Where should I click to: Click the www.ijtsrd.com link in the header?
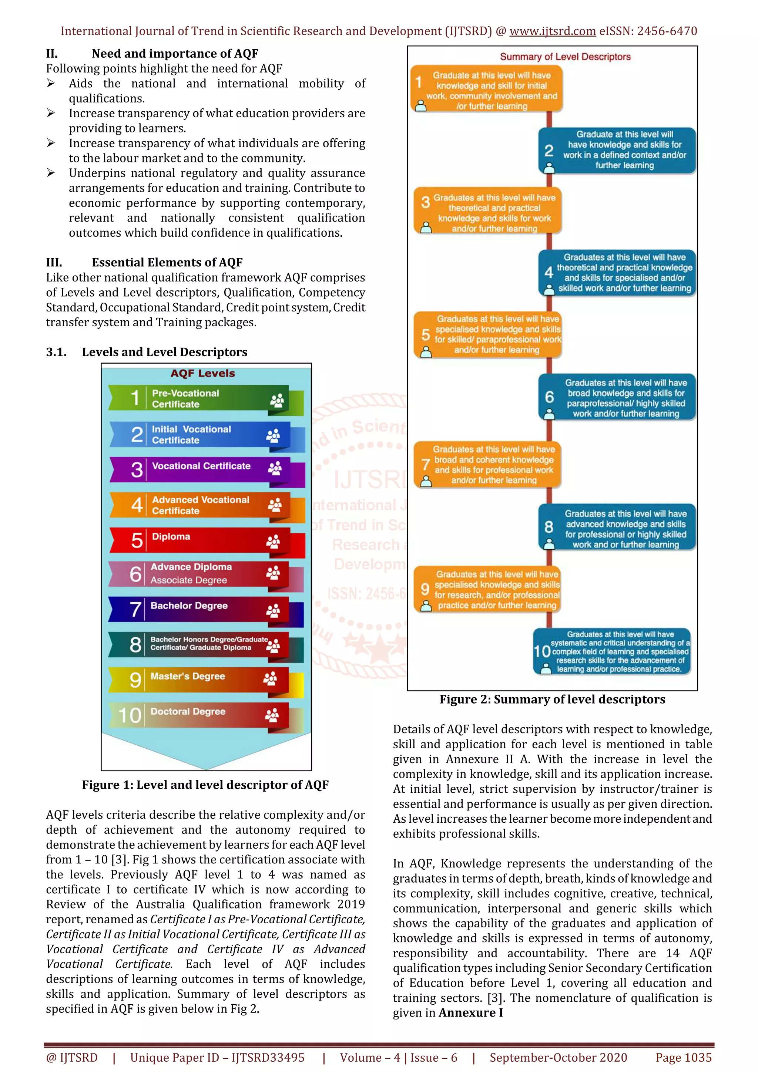[x=552, y=31]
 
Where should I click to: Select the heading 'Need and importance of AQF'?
[x=175, y=54]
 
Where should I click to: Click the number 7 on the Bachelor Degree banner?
[x=135, y=610]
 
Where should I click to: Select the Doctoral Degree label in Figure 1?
[x=188, y=712]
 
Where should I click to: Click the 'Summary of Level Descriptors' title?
[x=565, y=57]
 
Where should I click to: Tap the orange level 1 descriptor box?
[x=487, y=90]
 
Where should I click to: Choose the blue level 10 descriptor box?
[x=612, y=651]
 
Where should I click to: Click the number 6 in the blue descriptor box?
[x=549, y=397]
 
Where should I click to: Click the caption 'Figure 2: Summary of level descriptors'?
[x=552, y=700]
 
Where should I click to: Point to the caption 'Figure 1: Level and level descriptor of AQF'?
[x=205, y=785]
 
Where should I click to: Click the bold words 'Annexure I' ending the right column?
[x=470, y=1013]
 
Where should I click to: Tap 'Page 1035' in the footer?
[x=683, y=1058]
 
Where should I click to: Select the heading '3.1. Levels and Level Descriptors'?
[x=147, y=352]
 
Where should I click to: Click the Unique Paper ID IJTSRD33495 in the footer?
[x=217, y=1058]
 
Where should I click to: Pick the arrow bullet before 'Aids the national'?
[x=51, y=84]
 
